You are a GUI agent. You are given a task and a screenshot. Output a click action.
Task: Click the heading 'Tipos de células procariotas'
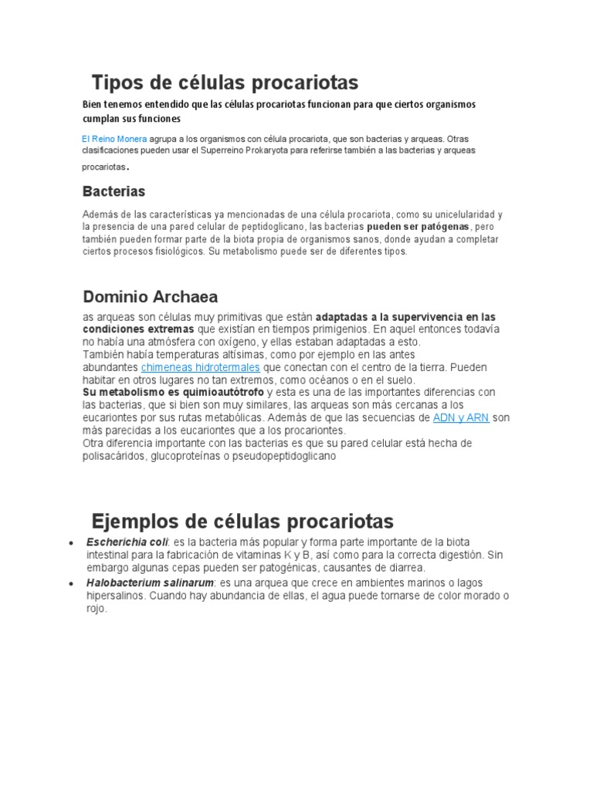225,82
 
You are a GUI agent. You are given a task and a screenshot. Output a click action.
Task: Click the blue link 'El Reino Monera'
114,139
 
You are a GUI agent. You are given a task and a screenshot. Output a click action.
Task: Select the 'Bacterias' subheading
114,191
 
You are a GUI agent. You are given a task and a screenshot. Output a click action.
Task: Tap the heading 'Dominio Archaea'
150,296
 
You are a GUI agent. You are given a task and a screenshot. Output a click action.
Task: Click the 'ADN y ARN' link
460,417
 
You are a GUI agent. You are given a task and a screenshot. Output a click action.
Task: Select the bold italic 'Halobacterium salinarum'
150,582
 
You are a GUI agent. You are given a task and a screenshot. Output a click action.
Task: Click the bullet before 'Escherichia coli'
71,542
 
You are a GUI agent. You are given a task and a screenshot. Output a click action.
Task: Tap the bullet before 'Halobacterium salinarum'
71,583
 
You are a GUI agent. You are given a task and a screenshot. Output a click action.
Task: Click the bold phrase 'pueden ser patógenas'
418,227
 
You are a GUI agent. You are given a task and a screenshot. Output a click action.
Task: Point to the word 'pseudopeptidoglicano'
284,456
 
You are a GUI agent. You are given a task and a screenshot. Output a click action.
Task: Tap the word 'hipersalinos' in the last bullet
116,596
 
